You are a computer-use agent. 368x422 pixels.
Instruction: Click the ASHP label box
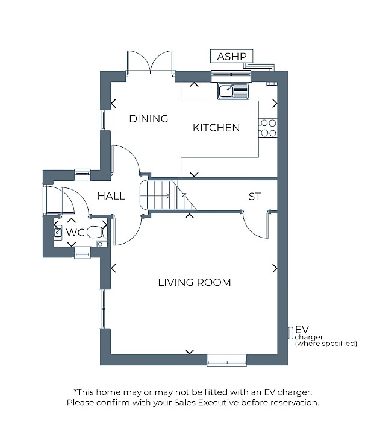coord(231,56)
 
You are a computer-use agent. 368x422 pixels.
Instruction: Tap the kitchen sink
coord(233,91)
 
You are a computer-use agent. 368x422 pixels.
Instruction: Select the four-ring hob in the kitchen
coord(268,128)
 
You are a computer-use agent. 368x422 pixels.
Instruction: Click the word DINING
coord(149,119)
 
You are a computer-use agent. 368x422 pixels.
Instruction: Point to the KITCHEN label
coord(216,128)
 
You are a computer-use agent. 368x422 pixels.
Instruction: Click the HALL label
coord(111,196)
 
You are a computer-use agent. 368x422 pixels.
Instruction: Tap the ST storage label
coord(255,197)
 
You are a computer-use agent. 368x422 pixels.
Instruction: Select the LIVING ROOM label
coord(195,282)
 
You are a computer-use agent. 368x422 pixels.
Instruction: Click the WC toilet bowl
coord(95,232)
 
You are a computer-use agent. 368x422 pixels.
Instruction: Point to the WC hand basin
coord(58,232)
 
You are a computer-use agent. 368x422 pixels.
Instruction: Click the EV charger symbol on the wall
coord(290,333)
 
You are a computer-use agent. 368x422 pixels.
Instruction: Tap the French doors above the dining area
coord(150,62)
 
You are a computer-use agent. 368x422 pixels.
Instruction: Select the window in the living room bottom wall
coord(226,360)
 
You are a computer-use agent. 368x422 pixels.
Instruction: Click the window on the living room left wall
coord(105,309)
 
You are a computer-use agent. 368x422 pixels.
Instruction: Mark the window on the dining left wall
coord(105,120)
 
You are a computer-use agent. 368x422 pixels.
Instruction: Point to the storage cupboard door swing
coord(256,225)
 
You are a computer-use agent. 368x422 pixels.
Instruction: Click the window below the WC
coord(83,253)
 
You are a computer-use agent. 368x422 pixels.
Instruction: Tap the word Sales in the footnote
coord(184,403)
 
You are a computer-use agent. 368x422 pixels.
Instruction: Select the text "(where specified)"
coord(326,344)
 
